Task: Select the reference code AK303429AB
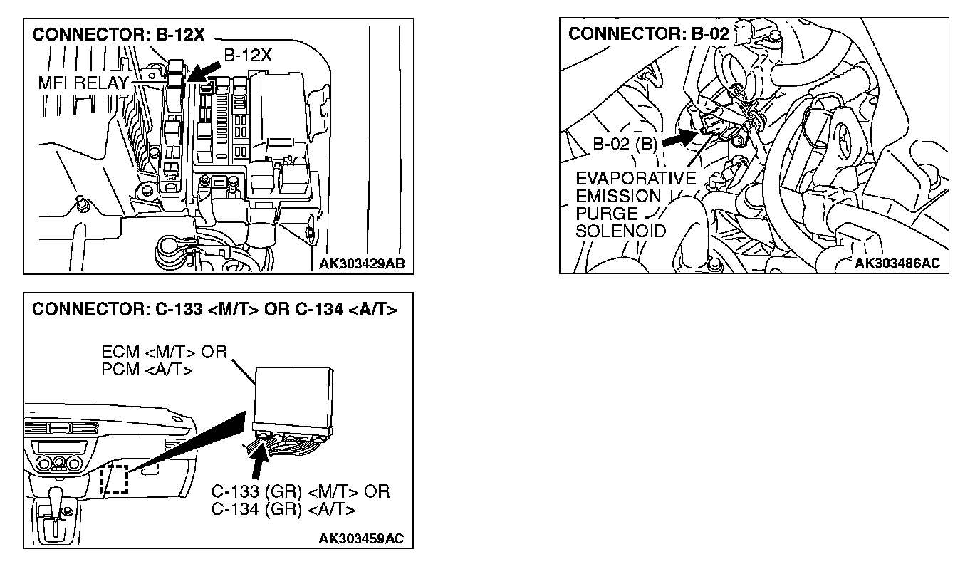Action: pos(361,263)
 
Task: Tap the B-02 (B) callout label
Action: pos(625,144)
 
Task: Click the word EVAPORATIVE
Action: pos(635,179)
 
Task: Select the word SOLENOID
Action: pos(620,231)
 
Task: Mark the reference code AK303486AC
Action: pos(897,263)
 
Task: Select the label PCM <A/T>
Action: pos(147,370)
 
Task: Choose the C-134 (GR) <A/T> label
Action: pos(283,509)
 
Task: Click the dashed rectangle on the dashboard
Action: pos(113,479)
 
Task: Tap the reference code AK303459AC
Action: pos(361,538)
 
